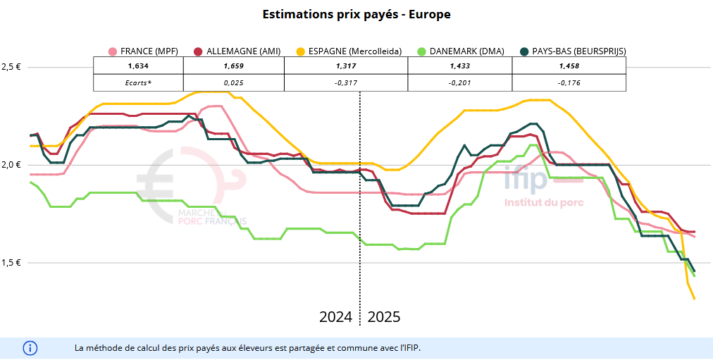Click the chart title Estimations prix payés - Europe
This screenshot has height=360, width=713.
(356, 14)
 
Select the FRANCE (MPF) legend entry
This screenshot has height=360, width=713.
(144, 51)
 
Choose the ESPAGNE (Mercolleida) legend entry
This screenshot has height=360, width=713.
(349, 51)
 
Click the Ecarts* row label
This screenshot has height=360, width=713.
(138, 82)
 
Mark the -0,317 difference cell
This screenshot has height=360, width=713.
(345, 82)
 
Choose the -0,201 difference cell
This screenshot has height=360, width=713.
(459, 82)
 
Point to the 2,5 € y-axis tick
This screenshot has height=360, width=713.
(11, 67)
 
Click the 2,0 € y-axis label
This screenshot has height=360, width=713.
(11, 165)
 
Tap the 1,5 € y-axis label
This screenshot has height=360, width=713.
(11, 263)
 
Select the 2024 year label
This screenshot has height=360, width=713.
(335, 317)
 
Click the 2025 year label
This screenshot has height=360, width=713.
(384, 317)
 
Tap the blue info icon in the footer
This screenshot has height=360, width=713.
(30, 348)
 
